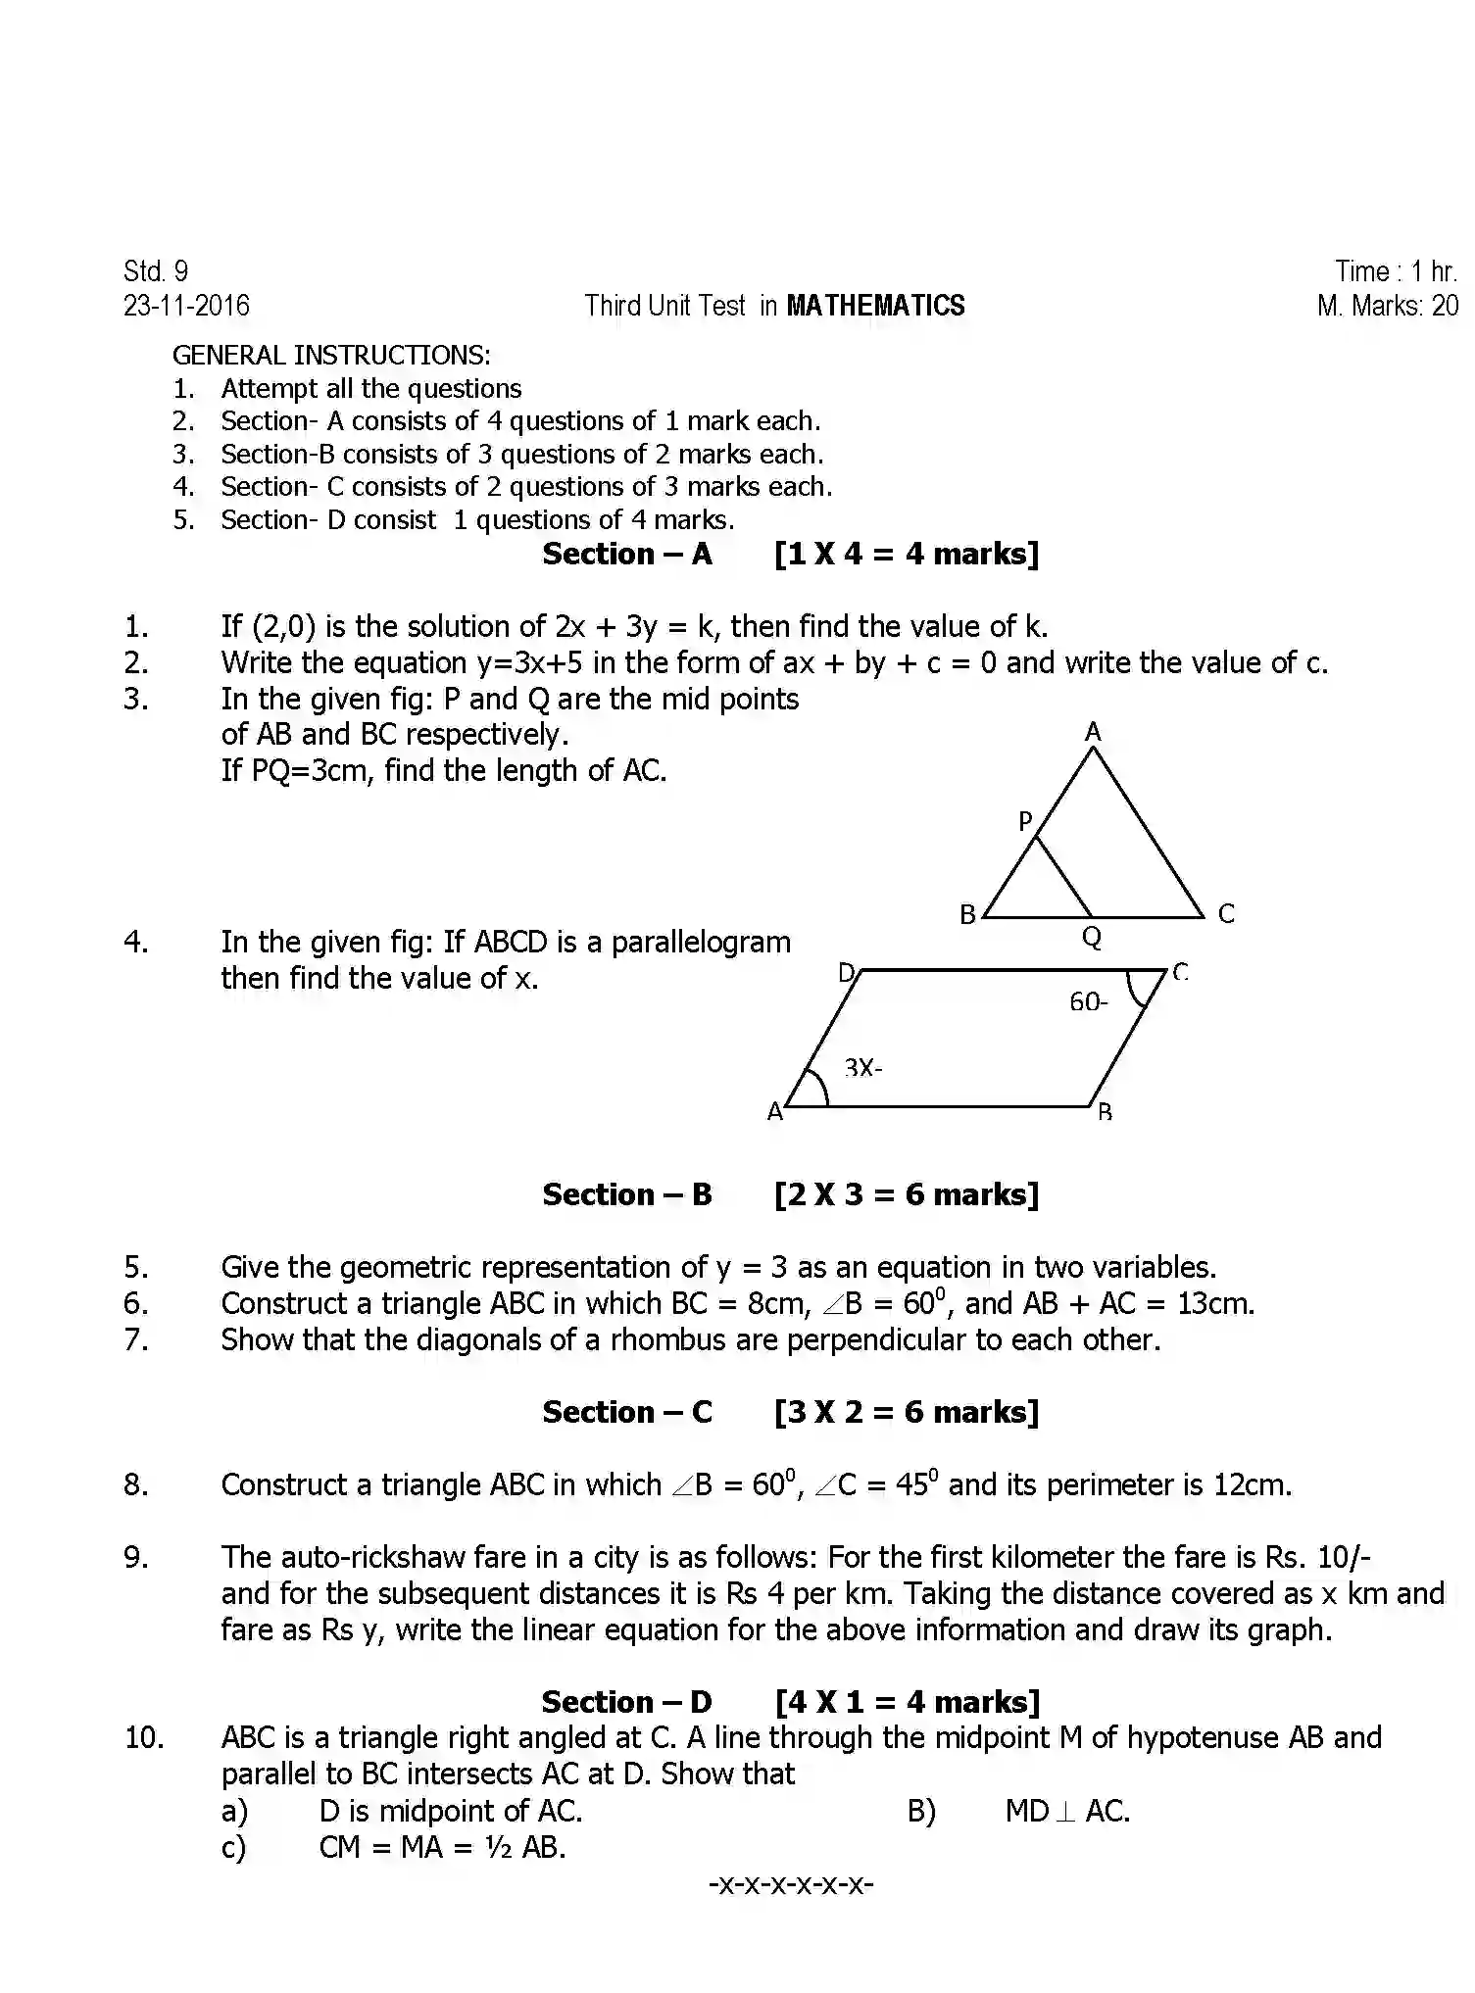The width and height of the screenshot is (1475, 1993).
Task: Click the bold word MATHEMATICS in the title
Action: click(875, 306)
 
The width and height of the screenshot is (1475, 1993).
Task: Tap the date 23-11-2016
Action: click(186, 306)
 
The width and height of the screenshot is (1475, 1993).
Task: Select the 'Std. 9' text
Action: click(156, 271)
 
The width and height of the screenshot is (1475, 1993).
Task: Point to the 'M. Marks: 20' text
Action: click(1388, 306)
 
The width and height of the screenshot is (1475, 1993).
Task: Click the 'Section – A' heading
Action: click(627, 555)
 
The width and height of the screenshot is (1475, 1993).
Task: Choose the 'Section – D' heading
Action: click(626, 1702)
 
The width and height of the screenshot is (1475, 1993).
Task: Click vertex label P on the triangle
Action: click(1025, 821)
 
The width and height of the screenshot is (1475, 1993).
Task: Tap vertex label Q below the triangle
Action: click(1092, 938)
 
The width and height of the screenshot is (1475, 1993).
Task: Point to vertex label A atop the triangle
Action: click(1093, 732)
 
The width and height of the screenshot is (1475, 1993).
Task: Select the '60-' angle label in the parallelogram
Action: click(1088, 1001)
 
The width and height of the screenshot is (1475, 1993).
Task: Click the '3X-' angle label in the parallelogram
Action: click(862, 1067)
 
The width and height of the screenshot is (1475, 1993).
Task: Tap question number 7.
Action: click(136, 1339)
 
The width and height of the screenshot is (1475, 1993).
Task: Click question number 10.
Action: click(144, 1738)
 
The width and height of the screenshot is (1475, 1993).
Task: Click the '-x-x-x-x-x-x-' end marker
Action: click(791, 1883)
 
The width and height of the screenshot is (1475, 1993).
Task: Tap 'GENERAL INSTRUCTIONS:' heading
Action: click(331, 355)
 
